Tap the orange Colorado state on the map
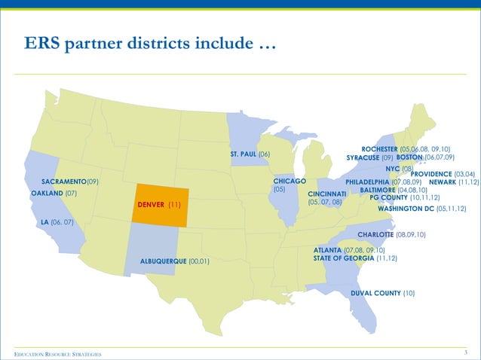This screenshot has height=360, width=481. coord(160,193)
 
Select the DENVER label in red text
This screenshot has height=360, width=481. coord(152,205)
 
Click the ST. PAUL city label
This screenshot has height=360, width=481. coord(244,154)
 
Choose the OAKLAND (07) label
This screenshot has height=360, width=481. coord(54,194)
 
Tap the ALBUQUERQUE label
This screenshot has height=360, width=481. coord(164,261)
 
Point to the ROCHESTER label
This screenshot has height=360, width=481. coord(384,149)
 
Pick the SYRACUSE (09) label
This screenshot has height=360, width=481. coord(369,158)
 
